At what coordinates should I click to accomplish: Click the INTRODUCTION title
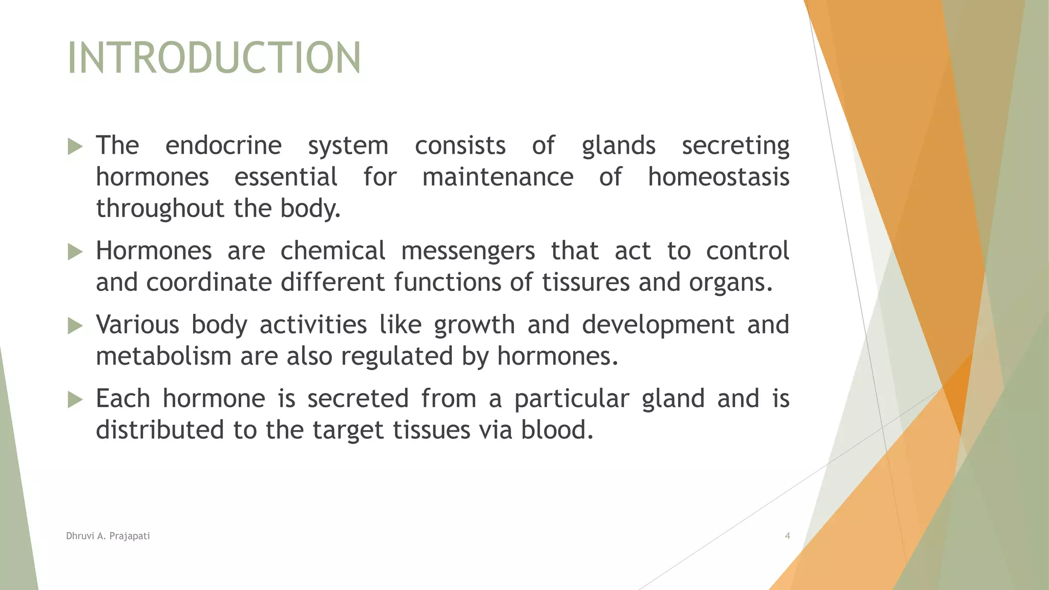click(x=214, y=58)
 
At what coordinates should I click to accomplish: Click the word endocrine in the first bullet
click(x=223, y=145)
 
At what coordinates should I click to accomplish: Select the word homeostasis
click(x=718, y=177)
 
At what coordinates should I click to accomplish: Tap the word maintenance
click(x=497, y=177)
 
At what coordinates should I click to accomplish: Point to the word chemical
click(x=332, y=251)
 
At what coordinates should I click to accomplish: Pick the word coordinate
click(x=209, y=283)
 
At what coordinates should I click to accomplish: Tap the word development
click(x=658, y=325)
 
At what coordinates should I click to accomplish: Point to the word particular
click(x=572, y=399)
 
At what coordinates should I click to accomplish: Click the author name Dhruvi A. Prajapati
click(x=108, y=536)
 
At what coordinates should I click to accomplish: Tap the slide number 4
click(x=787, y=536)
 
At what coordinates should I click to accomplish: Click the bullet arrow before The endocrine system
click(x=75, y=147)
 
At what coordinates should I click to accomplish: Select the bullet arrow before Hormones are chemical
click(x=75, y=252)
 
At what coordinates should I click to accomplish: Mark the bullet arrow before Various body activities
click(x=75, y=326)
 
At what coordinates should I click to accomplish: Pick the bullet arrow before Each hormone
click(x=75, y=399)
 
